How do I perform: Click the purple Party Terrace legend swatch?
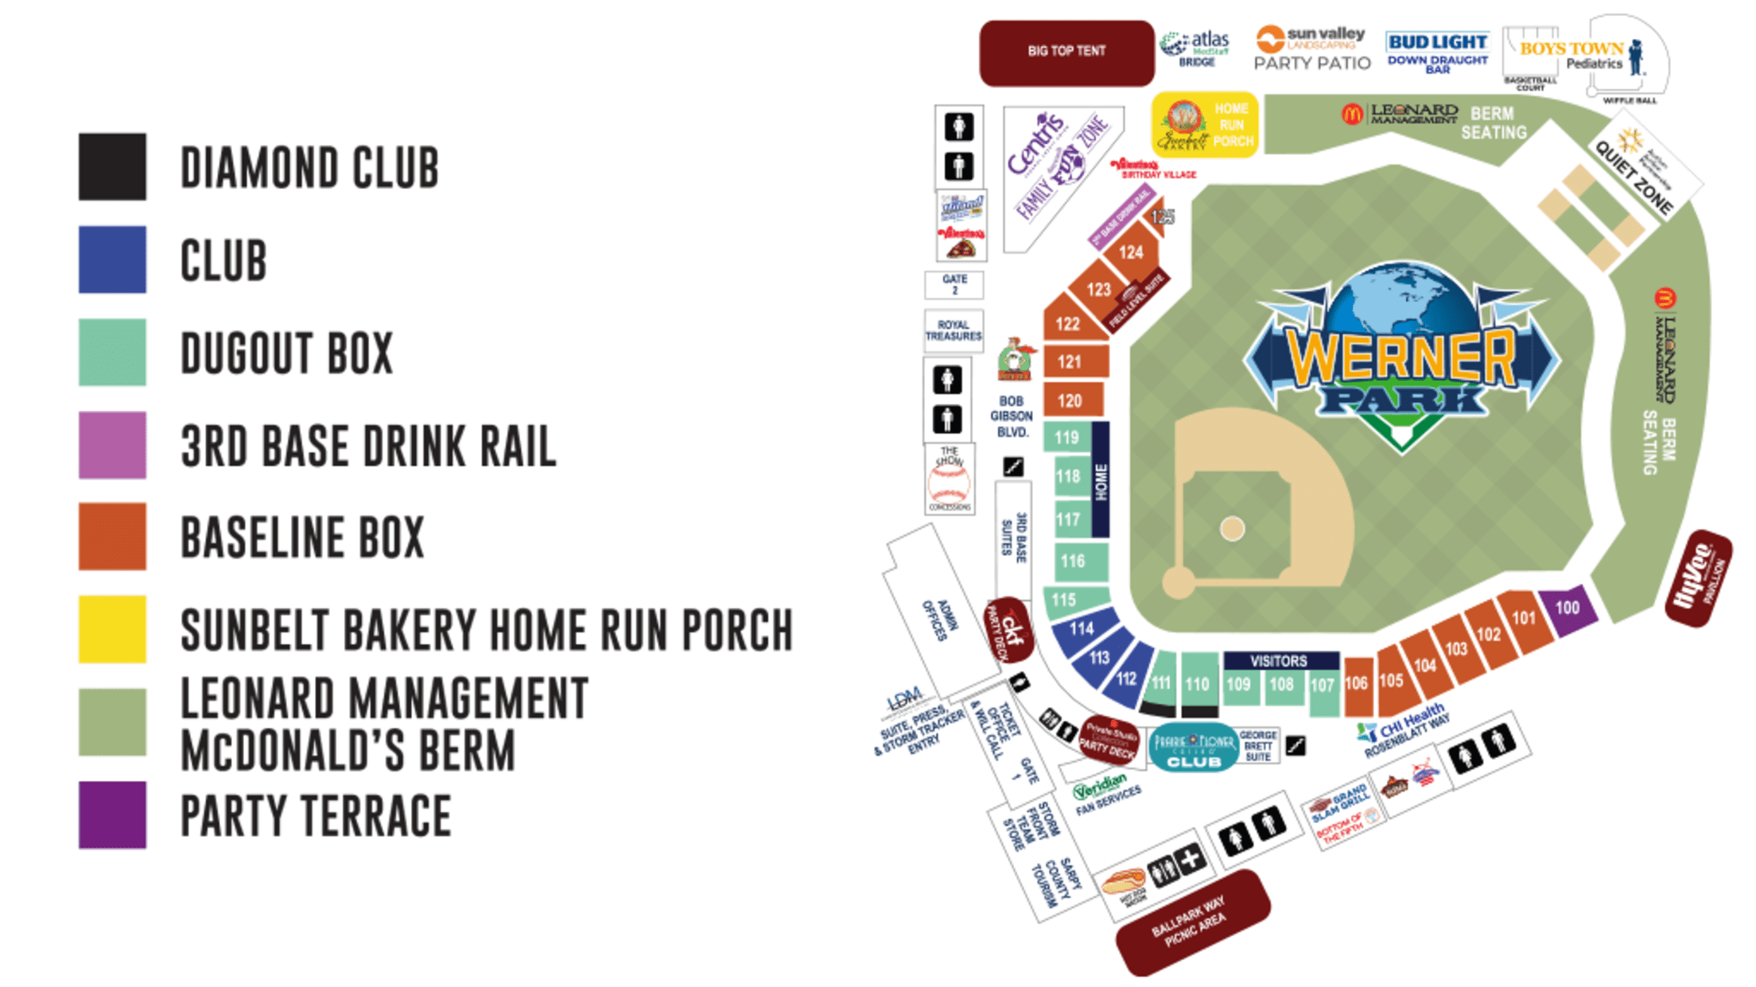point(112,815)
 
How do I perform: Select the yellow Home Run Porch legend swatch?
point(112,629)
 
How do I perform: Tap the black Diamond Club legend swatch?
point(112,166)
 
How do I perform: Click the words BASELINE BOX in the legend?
point(302,538)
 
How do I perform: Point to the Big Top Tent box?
point(1066,52)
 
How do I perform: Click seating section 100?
point(1566,610)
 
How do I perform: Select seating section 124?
point(1131,253)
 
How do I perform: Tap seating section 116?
point(1074,562)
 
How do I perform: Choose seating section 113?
point(1100,658)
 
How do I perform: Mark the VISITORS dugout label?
point(1279,660)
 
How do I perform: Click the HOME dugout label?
point(1101,482)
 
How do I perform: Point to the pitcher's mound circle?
point(1232,528)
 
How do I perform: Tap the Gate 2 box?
point(954,284)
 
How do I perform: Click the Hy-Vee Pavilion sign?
point(1699,579)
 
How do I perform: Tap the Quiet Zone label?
point(1635,175)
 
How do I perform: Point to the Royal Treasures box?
point(954,331)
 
